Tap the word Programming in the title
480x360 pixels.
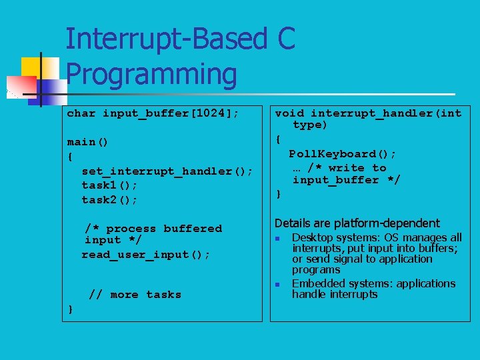(x=151, y=75)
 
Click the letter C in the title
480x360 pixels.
(x=285, y=39)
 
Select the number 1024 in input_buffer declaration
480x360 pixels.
(x=210, y=113)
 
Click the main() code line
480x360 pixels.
(x=88, y=142)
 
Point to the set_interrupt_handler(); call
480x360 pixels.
(x=167, y=171)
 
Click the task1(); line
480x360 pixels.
(x=109, y=185)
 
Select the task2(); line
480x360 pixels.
(x=109, y=200)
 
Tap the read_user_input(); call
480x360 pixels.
(x=146, y=255)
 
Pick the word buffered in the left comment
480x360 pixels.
(x=193, y=229)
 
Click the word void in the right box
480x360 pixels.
(x=289, y=113)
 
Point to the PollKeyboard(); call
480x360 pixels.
(x=342, y=154)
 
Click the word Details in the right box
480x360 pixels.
(x=294, y=223)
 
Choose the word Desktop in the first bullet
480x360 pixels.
(x=313, y=237)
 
